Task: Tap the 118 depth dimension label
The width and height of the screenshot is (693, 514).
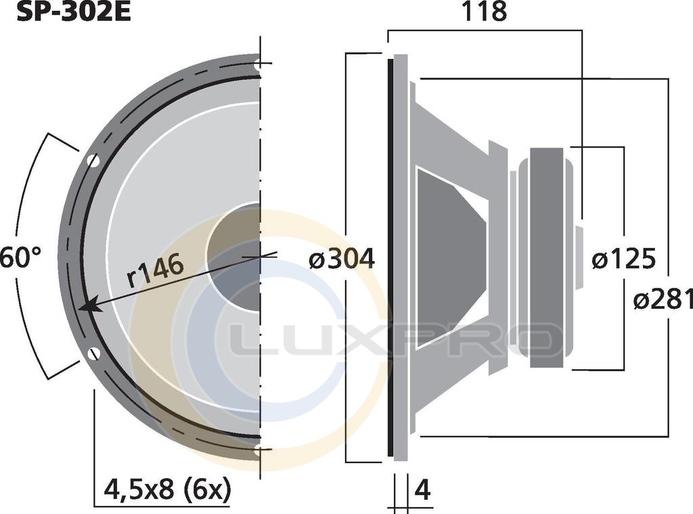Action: pos(485,12)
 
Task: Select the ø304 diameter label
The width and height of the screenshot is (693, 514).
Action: pos(342,258)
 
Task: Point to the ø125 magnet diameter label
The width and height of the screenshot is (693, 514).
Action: pos(623,258)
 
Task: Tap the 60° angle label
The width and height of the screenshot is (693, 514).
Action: pos(20,257)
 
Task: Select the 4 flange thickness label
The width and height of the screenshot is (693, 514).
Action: pos(423,490)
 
